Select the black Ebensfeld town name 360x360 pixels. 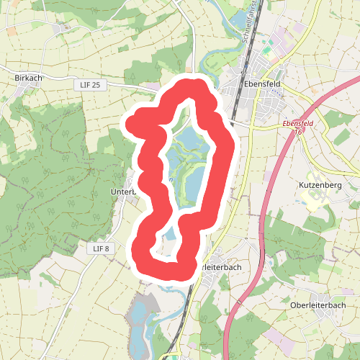point(261,81)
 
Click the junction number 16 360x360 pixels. point(296,132)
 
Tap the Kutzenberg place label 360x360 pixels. point(319,185)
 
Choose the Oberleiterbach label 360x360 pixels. point(318,305)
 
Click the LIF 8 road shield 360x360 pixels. point(101,248)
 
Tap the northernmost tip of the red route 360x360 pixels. point(192,86)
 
